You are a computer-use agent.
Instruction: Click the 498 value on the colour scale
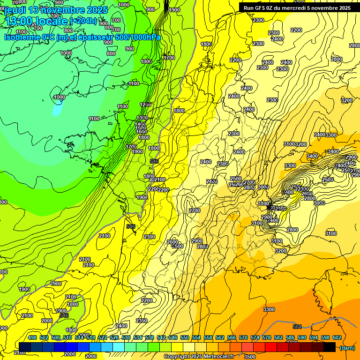point(32,337)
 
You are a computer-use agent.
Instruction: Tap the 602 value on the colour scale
point(337,337)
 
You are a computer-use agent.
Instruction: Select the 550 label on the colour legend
point(185,337)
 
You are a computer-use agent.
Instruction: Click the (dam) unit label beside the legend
point(347,348)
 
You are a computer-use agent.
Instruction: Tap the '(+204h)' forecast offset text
point(83,21)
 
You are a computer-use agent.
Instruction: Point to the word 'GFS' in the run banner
point(263,8)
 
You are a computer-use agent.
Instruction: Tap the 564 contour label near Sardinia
point(297,327)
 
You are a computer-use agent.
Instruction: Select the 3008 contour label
point(319,203)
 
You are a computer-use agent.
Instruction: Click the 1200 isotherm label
point(146,105)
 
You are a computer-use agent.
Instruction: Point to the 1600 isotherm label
point(141,132)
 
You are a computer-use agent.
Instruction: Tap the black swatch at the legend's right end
point(330,347)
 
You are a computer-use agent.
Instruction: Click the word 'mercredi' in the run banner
point(308,8)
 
